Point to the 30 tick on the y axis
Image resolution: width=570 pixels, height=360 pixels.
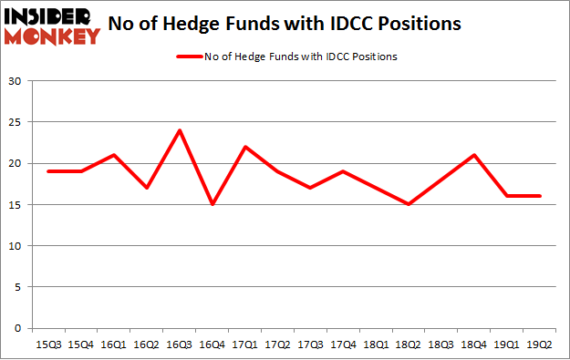[x=16, y=81]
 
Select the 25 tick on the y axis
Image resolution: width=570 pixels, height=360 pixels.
[x=16, y=122]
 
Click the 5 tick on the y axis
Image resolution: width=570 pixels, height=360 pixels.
[x=18, y=287]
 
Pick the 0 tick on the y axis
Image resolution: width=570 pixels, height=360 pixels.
[x=18, y=328]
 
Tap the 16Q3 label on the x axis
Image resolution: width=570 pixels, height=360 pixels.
[x=180, y=345]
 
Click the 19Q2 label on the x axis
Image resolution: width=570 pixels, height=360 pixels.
[x=534, y=345]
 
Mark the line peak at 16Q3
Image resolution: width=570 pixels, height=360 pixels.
[x=180, y=130]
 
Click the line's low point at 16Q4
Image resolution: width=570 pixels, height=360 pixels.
[x=212, y=204]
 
